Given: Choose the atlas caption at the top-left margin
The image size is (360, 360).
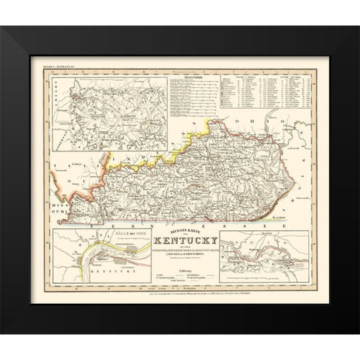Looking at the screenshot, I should pyautogui.click(x=67, y=68).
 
